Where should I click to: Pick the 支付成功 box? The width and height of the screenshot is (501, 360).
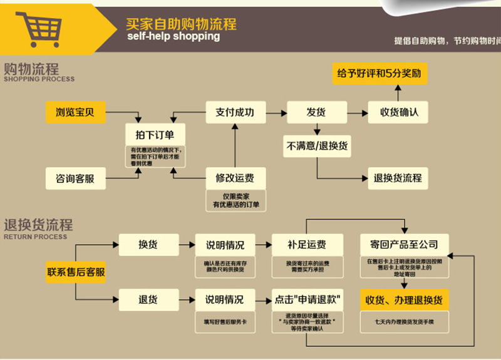tap(235, 112)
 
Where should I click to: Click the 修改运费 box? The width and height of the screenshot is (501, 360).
tap(235, 178)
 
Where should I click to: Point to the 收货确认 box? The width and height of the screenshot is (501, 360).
tap(399, 112)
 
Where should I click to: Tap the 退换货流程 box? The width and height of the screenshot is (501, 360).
tap(398, 178)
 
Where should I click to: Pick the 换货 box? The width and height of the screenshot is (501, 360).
tap(147, 244)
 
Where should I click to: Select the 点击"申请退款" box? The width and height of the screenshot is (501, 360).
tap(307, 299)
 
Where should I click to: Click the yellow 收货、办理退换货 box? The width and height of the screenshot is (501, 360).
tap(404, 299)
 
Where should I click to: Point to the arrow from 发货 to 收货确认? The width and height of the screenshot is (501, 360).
tap(354, 113)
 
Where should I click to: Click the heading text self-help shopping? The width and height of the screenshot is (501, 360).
tap(173, 36)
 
